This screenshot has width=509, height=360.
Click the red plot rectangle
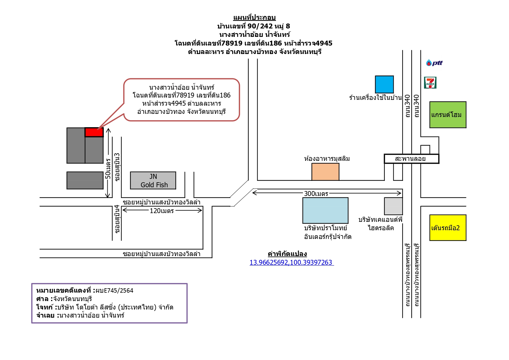pos(94,132)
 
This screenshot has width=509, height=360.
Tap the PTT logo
pos(434,63)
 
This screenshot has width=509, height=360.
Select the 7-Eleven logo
pos(430,83)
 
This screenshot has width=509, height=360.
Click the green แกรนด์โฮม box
pos(448,115)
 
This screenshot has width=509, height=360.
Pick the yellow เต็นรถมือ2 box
pos(448,228)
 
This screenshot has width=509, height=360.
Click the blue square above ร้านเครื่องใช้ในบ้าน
pos(384,84)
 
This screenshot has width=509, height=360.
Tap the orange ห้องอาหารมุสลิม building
pos(325,172)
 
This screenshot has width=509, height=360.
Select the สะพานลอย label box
pos(411,159)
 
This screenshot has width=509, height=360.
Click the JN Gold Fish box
pos(153,181)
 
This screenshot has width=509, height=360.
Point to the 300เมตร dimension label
pos(316,194)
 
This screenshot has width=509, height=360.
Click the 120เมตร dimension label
pos(162,211)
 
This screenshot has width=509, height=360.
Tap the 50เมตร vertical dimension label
pos(108,169)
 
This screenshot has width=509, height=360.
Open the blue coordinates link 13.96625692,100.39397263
pos(291,262)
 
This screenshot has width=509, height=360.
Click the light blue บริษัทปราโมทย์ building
pos(325,210)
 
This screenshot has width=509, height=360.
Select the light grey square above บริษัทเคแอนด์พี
pos(394,206)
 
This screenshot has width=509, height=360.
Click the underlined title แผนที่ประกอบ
pos(254,18)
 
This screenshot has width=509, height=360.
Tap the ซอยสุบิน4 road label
pos(117,219)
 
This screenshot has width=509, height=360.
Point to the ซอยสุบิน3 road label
pos(117,167)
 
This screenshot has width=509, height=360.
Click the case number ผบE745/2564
pos(115,290)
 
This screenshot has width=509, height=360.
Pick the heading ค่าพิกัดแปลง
pos(287,254)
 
